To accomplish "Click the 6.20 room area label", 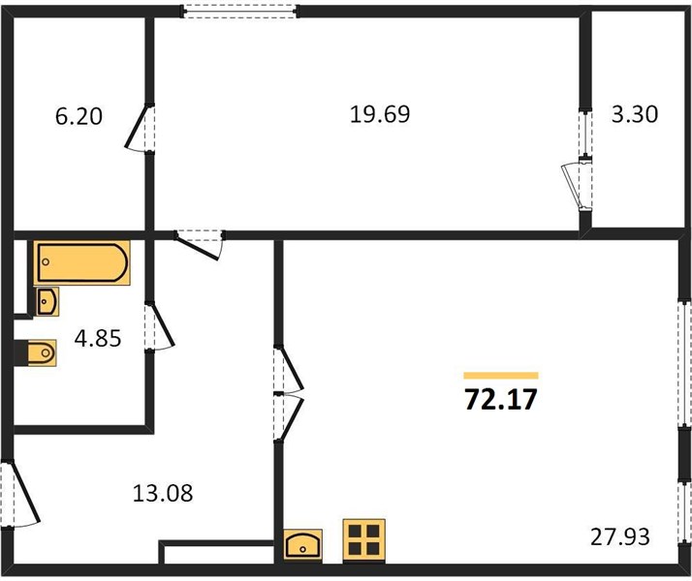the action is (79, 117).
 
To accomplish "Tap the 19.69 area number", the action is (380, 114).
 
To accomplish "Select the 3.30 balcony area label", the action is (635, 114).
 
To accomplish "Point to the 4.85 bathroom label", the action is (98, 339).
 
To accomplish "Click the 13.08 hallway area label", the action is (163, 493).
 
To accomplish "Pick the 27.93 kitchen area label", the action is (620, 536).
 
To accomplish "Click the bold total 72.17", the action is (501, 400).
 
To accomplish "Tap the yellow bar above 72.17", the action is (501, 376).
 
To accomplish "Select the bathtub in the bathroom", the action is (82, 262).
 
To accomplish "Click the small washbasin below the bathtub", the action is (47, 302).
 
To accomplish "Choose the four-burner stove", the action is (364, 540).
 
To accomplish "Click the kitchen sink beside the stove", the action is (302, 545).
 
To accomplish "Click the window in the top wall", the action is (240, 11).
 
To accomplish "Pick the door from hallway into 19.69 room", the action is (200, 245).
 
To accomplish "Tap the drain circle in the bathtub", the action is (46, 262).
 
